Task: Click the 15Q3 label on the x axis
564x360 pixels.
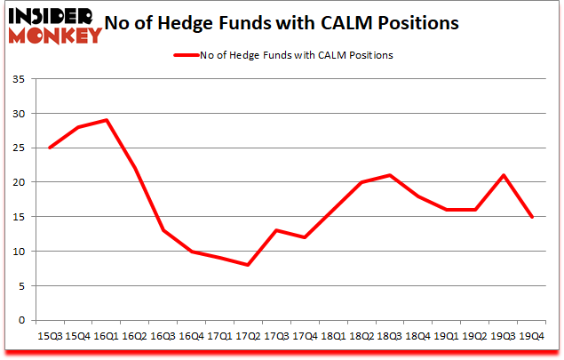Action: [49, 336]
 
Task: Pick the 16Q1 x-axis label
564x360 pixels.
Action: [105, 336]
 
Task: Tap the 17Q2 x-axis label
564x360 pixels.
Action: [247, 336]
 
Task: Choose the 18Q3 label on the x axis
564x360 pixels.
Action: [389, 336]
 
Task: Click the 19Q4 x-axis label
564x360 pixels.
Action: [531, 336]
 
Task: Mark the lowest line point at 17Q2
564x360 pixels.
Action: [247, 265]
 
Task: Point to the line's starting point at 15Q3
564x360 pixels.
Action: [49, 148]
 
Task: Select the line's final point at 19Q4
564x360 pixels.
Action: [531, 217]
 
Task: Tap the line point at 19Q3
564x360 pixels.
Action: [503, 175]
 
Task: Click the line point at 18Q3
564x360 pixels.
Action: [389, 175]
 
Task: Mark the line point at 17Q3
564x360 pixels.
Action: [275, 230]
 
